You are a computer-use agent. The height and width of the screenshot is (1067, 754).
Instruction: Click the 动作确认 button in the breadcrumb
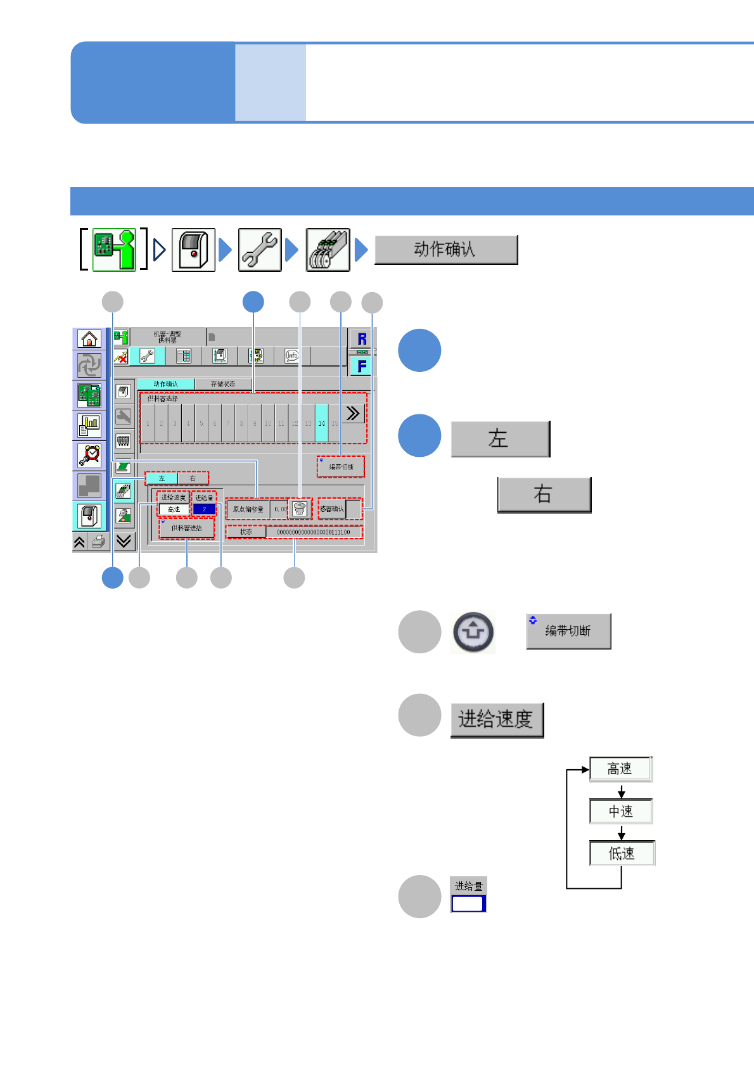[x=446, y=250]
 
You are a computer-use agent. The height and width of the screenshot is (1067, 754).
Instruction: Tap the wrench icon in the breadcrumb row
[x=260, y=250]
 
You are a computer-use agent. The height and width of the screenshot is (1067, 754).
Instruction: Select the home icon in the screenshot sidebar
[x=89, y=339]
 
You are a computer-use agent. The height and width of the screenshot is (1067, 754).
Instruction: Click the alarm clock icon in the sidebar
[x=89, y=455]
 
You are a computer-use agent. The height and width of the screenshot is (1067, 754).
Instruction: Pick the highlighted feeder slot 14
[x=321, y=423]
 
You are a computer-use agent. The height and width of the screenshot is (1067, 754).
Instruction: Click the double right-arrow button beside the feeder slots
[x=353, y=414]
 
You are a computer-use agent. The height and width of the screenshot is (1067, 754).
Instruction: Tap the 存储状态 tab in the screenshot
[x=222, y=384]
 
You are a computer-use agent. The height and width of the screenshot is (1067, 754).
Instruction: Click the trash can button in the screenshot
[x=300, y=509]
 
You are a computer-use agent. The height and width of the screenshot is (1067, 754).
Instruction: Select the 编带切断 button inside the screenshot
[x=341, y=467]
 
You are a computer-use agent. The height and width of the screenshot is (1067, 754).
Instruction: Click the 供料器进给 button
[x=186, y=528]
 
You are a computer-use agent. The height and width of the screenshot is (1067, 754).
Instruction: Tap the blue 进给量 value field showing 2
[x=204, y=509]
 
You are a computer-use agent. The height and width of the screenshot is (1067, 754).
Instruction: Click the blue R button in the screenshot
[x=362, y=339]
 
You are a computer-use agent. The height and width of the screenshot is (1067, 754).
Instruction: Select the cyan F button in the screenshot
[x=362, y=366]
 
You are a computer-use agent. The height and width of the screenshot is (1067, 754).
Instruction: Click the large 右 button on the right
[x=544, y=494]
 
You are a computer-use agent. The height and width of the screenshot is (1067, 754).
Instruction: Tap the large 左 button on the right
[x=500, y=438]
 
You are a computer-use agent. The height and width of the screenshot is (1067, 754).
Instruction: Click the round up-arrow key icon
[x=473, y=632]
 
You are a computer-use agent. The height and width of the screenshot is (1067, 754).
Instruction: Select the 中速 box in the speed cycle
[x=620, y=811]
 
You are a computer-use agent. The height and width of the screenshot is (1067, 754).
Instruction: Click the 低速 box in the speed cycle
[x=621, y=853]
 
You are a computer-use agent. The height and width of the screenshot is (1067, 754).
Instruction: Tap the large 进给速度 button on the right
[x=497, y=720]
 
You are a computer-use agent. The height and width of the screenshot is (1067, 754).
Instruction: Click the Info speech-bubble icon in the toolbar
[x=291, y=356]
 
